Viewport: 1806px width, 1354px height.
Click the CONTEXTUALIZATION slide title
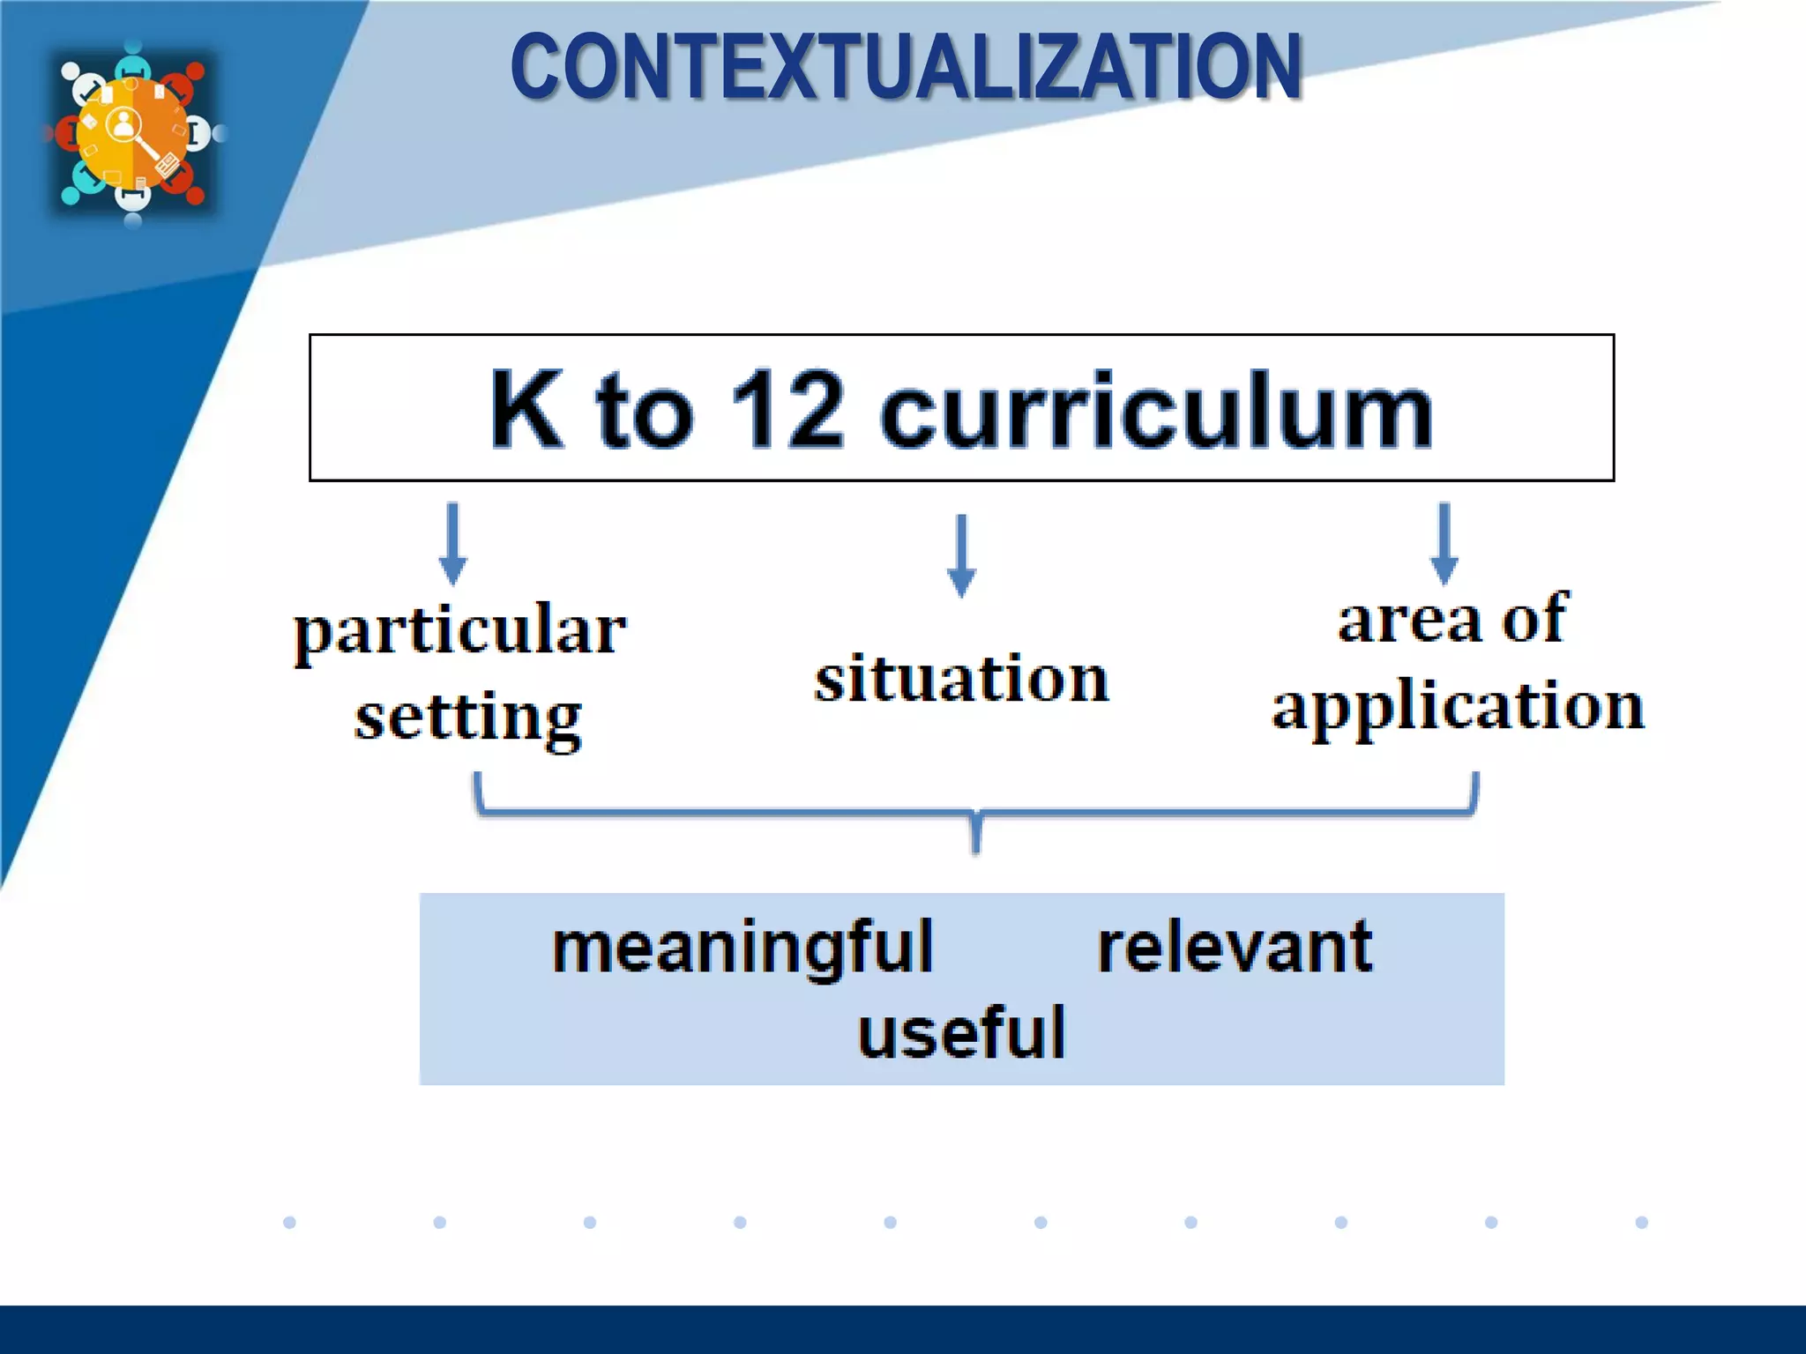coord(906,67)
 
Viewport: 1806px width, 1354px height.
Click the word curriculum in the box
coord(1156,411)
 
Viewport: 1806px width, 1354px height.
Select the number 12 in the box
coord(787,409)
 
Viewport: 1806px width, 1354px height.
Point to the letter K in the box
coord(526,409)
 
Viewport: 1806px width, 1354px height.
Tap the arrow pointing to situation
coord(961,556)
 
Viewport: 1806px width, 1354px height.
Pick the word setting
coord(468,718)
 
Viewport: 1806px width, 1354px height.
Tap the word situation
coord(961,679)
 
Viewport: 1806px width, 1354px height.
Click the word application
coord(1458,707)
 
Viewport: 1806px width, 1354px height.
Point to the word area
coord(1410,620)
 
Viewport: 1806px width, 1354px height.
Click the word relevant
coord(1235,947)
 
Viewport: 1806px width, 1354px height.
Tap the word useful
coord(961,1031)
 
